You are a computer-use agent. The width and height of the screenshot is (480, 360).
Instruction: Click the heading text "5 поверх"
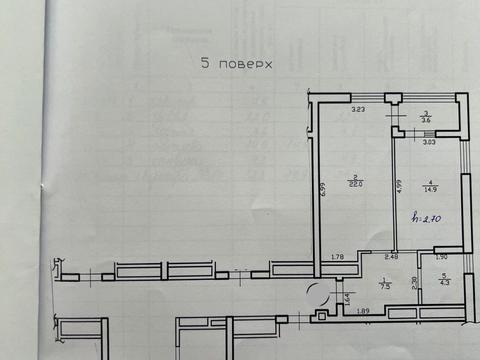tap(236, 62)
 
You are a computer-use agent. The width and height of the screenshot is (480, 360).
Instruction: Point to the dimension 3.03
tap(428, 144)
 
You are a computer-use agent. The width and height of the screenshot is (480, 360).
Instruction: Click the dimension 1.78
tap(337, 259)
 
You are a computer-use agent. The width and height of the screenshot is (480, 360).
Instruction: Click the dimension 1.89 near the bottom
tap(364, 312)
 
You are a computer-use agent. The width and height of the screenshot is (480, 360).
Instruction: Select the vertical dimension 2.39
tap(415, 283)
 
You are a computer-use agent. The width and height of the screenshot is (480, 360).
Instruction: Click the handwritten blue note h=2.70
tap(428, 216)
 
